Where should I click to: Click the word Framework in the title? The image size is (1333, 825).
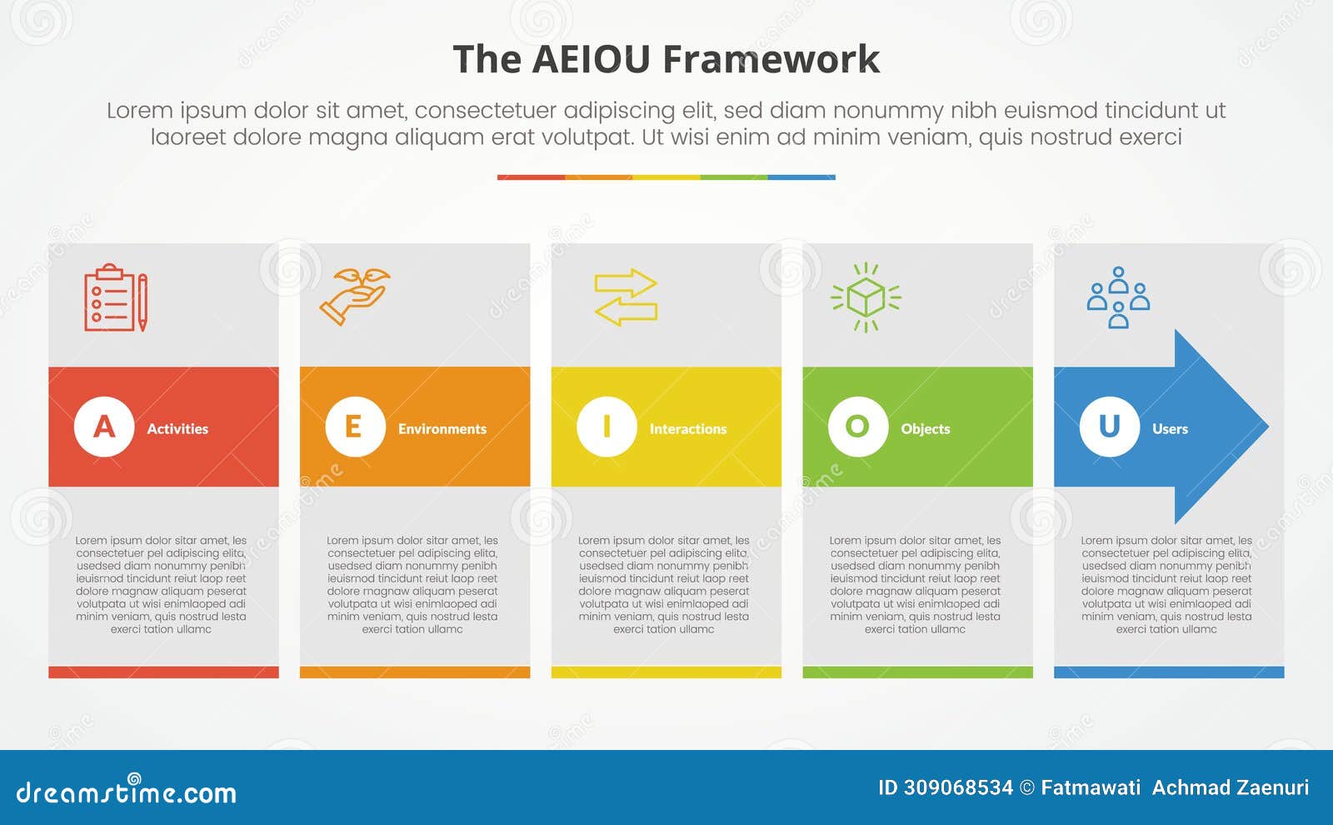coord(771,60)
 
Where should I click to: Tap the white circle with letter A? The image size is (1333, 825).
coord(104,427)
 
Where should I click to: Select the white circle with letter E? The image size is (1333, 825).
coord(355,427)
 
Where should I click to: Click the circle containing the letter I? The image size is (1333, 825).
coord(607,427)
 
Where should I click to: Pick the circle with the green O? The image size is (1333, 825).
coord(857,427)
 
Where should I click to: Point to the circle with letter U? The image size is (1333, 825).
coord(1109,427)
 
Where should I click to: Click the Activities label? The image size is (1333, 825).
coord(177,429)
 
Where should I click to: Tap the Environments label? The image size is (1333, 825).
coord(442,429)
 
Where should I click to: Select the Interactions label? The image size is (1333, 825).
coord(688,429)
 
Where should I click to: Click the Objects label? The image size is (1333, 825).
coord(925,429)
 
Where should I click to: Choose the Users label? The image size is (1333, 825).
coord(1170,429)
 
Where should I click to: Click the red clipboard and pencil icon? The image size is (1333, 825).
coord(116,297)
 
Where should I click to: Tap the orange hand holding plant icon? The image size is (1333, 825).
coord(354,296)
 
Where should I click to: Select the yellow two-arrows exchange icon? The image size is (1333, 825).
coord(626,297)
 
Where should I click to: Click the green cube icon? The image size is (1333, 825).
coord(866,297)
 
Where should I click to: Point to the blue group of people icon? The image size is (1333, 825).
coord(1118,297)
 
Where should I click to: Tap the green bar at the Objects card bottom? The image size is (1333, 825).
coord(917,672)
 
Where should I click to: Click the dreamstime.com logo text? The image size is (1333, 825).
coord(127,792)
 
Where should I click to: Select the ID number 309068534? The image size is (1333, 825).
coord(957,787)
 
